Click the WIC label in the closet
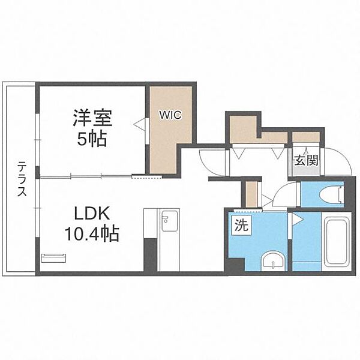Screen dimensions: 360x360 click(x=170, y=114)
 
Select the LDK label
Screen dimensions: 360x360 click(x=91, y=214)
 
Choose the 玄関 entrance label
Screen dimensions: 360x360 click(x=306, y=160)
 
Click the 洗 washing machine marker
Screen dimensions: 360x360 click(x=240, y=226)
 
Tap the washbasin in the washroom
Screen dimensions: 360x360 click(x=274, y=260)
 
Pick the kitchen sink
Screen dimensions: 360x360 click(x=169, y=220)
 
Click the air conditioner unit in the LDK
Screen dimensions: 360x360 click(x=55, y=257)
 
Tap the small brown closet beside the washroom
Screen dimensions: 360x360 click(x=252, y=193)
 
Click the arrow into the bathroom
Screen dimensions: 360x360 click(x=295, y=220)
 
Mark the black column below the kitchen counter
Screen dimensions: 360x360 click(x=150, y=254)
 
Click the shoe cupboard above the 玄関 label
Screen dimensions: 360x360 click(x=305, y=137)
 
